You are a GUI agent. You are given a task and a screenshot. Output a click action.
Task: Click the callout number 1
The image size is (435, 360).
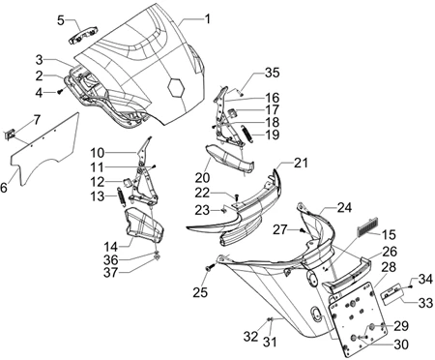pos(208,19)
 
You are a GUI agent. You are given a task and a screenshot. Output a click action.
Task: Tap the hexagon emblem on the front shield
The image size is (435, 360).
pos(176,86)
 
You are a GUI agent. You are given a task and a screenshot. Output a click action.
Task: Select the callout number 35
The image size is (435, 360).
pos(272,73)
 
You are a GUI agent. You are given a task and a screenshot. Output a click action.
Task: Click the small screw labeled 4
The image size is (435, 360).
pos(60,92)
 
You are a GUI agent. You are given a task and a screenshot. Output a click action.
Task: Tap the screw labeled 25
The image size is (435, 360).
pos(210,267)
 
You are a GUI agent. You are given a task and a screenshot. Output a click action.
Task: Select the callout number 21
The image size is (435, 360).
pos(301,163)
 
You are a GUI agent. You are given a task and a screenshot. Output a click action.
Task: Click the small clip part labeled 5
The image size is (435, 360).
pos(84,36)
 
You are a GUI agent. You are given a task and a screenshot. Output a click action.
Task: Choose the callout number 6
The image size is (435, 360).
pos(4,188)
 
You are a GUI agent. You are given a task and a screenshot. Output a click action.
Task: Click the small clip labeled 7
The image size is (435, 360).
pos(10,134)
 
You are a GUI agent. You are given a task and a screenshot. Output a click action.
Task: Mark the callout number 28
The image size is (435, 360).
pos(389,267)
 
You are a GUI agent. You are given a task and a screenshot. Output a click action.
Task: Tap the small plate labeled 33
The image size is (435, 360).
pos(391,293)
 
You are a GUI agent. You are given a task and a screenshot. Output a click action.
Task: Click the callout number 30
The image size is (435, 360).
pos(401,345)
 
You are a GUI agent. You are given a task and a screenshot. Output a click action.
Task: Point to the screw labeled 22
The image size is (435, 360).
pos(236,196)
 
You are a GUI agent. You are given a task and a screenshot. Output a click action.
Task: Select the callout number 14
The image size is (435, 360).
pos(110,247)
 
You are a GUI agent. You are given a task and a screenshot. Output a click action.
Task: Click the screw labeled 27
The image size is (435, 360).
pos(303,230)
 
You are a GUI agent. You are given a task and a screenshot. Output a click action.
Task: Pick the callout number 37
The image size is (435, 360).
pos(110,273)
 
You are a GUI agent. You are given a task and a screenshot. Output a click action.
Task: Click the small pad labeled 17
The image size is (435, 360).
pos(233,112)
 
